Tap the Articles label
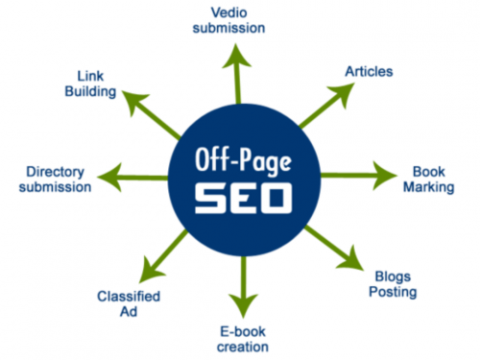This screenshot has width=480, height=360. (367, 72)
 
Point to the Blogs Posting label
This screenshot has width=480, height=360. (393, 283)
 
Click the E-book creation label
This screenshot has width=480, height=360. (239, 338)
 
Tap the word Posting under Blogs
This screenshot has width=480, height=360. (394, 292)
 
